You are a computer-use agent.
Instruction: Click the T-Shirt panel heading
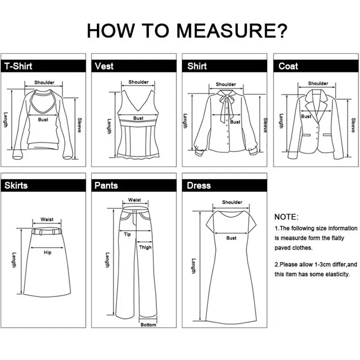(x=18, y=66)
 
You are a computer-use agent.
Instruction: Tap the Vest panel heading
(x=104, y=66)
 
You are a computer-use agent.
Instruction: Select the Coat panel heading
(x=288, y=66)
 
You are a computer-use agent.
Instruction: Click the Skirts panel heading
(x=16, y=185)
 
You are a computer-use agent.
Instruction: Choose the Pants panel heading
(x=106, y=185)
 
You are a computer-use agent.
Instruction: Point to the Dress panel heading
(x=199, y=185)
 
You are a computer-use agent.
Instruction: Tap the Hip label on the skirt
(x=48, y=252)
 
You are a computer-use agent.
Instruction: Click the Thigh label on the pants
(x=145, y=247)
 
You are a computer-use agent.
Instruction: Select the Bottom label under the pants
(x=148, y=324)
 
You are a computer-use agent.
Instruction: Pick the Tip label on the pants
(x=127, y=234)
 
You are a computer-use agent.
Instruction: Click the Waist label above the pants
(x=135, y=200)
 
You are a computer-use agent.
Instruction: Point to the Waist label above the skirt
(x=47, y=220)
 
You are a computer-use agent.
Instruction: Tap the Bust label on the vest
(x=138, y=118)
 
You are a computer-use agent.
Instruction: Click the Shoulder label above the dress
(x=232, y=202)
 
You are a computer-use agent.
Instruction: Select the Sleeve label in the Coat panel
(x=353, y=125)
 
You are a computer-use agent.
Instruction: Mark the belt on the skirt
(x=47, y=231)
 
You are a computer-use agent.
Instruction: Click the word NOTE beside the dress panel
(x=285, y=217)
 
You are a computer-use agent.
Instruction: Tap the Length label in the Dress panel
(x=194, y=266)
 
